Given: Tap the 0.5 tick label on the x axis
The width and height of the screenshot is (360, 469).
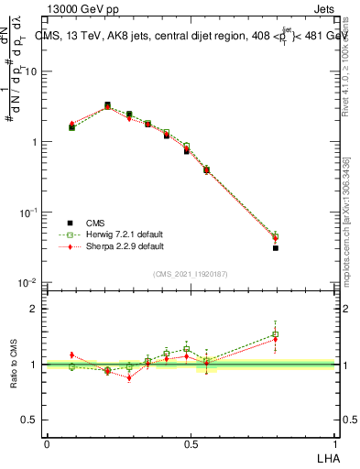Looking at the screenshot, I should [x=191, y=444].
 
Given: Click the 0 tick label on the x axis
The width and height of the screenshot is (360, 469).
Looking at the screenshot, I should [x=47, y=444].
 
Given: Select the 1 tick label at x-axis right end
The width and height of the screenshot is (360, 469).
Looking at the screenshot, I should [x=335, y=444].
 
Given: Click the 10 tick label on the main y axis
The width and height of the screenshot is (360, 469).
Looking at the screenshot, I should [x=32, y=71].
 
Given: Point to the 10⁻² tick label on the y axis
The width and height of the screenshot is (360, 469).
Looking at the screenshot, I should [x=30, y=282].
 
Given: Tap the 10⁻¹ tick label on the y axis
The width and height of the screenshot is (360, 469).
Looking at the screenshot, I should [x=30, y=213].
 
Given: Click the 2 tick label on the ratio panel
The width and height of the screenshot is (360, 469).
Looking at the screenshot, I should [x=35, y=309].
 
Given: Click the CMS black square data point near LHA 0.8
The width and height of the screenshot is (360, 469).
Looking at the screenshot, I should [x=275, y=248].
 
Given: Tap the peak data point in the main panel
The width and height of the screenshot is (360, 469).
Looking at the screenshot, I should [x=107, y=105].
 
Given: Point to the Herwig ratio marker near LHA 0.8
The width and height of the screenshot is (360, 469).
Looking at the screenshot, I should [x=275, y=334].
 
